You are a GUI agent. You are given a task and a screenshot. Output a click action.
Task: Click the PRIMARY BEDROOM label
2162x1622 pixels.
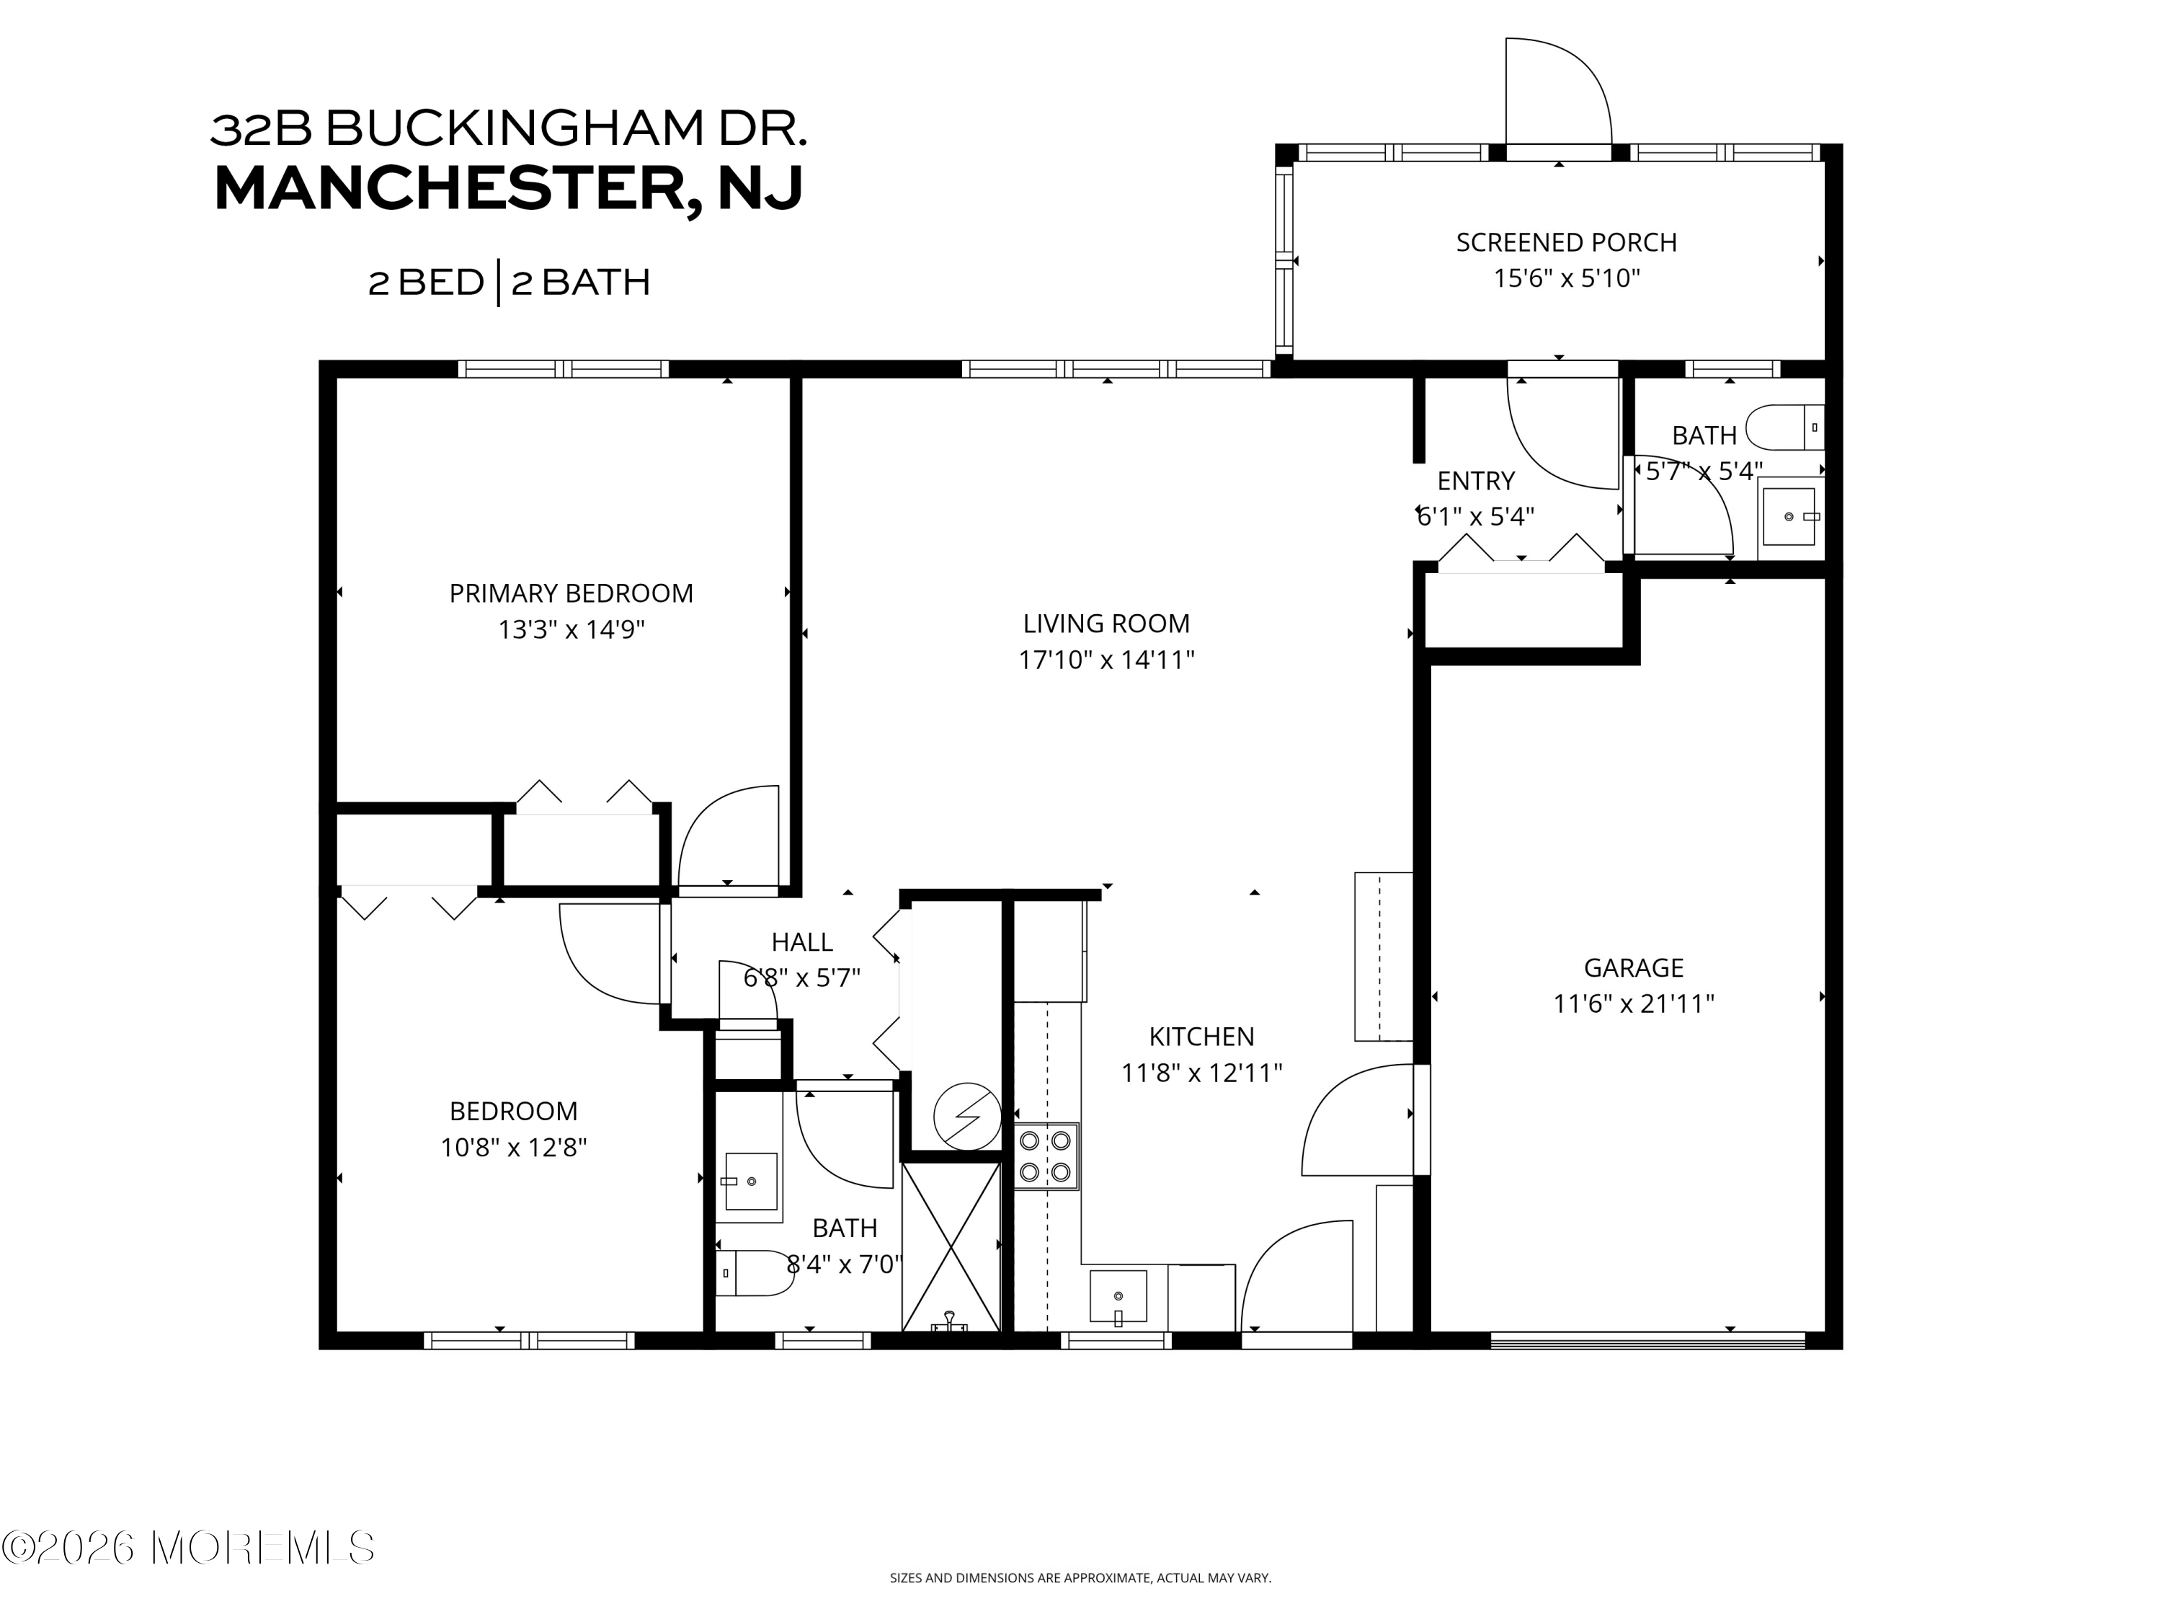click(x=571, y=593)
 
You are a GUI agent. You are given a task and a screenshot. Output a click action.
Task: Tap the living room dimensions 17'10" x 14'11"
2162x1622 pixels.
click(x=1106, y=660)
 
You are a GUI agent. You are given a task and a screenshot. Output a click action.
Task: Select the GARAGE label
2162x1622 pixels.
click(x=1633, y=968)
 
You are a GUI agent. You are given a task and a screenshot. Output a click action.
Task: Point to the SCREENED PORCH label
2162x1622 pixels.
click(x=1566, y=242)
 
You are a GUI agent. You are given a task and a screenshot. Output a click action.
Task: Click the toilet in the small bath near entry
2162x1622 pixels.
click(x=1784, y=427)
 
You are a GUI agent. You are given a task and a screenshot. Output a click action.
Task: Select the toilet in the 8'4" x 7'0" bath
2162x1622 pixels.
click(x=754, y=1273)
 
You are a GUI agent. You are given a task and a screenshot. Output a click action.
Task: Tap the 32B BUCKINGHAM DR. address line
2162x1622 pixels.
click(x=508, y=128)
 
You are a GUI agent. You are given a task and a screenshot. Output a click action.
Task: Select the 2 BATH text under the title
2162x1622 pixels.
click(x=581, y=283)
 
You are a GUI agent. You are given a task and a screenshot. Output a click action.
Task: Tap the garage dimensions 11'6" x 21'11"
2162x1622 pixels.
click(x=1633, y=1004)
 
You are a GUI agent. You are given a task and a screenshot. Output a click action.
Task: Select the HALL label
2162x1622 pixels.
click(x=801, y=942)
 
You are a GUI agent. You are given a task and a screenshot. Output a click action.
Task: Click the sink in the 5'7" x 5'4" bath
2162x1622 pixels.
click(x=1789, y=516)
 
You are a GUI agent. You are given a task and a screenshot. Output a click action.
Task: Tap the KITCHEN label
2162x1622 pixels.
click(x=1201, y=1037)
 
